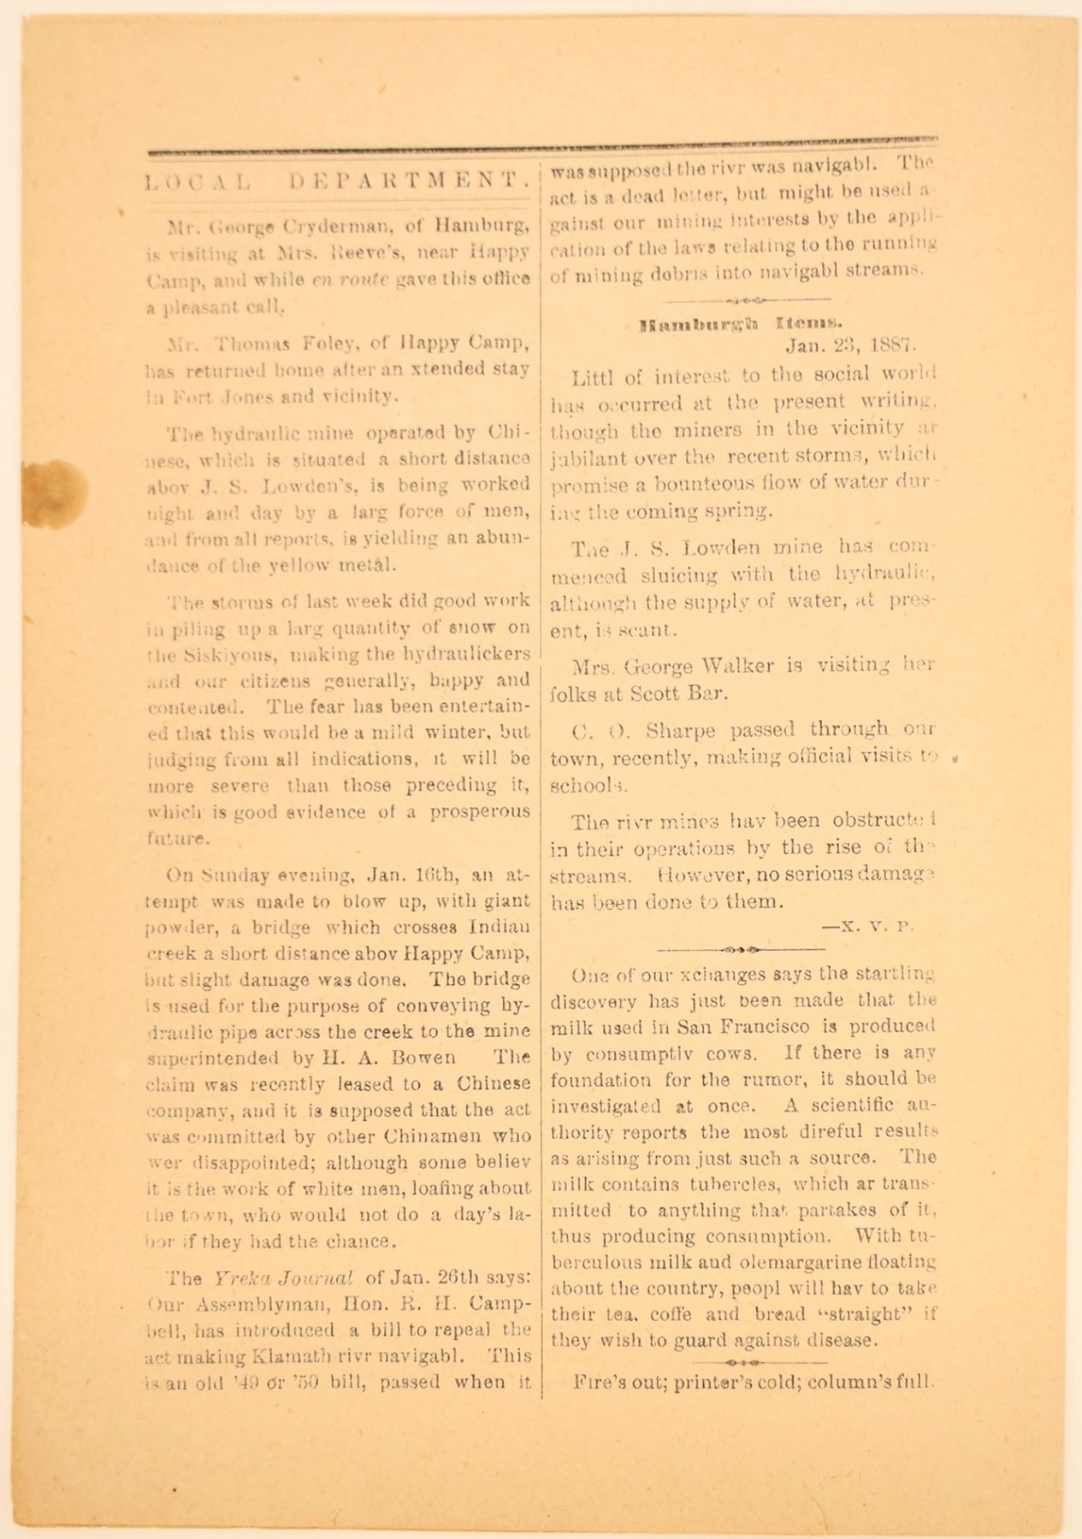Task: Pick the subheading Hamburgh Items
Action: click(742, 325)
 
